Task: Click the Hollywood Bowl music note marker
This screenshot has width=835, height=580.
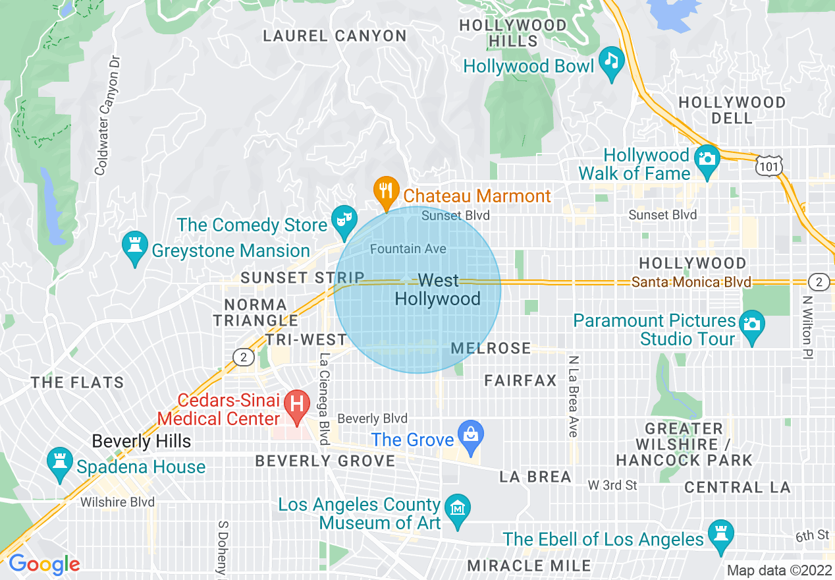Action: (x=612, y=62)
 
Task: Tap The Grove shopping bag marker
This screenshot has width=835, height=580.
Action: (x=471, y=435)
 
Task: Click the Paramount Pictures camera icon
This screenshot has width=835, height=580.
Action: (x=751, y=325)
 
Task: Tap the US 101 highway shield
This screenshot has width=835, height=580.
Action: (x=768, y=165)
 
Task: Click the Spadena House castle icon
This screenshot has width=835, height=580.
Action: (x=60, y=461)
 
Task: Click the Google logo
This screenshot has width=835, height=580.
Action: (x=44, y=564)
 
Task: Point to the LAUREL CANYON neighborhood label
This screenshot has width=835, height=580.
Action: (x=335, y=36)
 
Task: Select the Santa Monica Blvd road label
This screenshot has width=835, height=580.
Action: (x=691, y=282)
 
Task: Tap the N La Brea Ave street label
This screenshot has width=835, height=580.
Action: (x=572, y=396)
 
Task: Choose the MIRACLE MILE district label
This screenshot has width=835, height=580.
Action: (x=529, y=565)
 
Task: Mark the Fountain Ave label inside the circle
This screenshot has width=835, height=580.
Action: (x=408, y=248)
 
